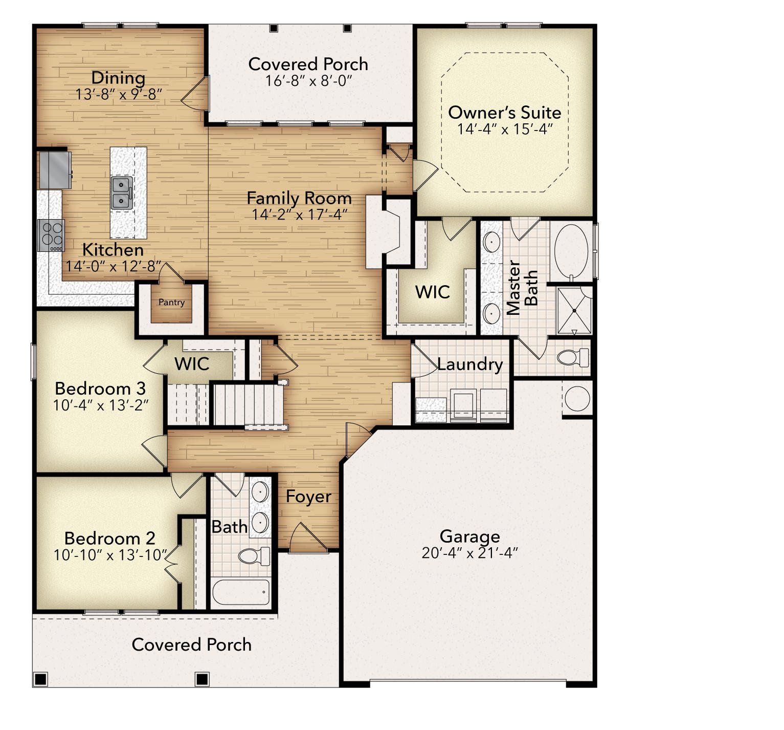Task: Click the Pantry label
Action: [171, 303]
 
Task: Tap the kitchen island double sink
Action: [122, 193]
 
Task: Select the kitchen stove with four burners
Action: [51, 235]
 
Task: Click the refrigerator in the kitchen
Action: [55, 170]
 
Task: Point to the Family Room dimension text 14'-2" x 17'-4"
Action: [300, 214]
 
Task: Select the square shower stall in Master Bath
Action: [574, 310]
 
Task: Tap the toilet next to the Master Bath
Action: [573, 357]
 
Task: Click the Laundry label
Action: [470, 364]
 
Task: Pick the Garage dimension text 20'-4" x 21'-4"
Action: [470, 553]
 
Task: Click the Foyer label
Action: [308, 497]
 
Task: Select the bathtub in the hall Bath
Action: [241, 592]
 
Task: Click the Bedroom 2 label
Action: [110, 538]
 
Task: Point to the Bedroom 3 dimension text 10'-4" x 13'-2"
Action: [101, 405]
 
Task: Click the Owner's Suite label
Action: [505, 112]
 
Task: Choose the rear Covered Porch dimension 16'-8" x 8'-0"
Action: [309, 81]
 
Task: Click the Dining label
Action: [118, 78]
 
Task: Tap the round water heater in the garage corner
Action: [577, 399]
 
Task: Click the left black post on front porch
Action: [40, 679]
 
